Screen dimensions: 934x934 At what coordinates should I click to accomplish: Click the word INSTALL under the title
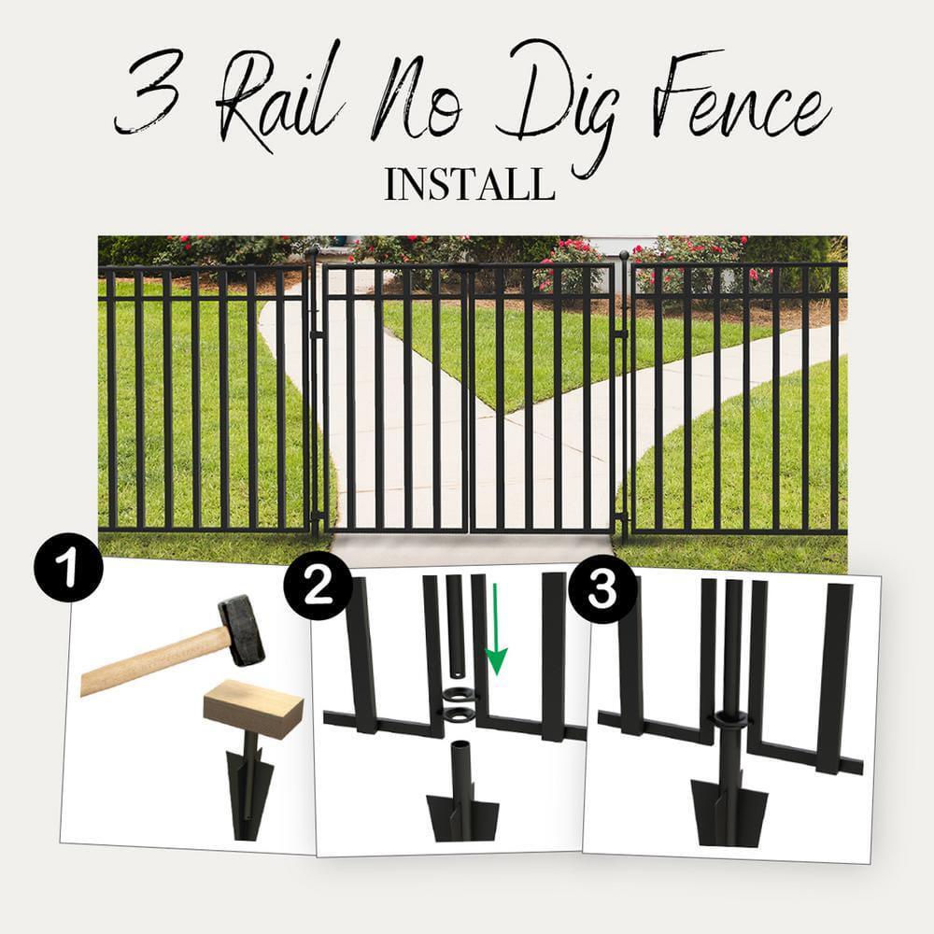(x=469, y=184)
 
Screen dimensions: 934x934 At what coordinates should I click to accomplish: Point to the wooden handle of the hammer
(x=149, y=663)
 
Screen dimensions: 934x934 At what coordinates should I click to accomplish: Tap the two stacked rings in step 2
(x=458, y=705)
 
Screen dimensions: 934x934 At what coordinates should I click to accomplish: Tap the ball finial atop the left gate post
(x=314, y=250)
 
